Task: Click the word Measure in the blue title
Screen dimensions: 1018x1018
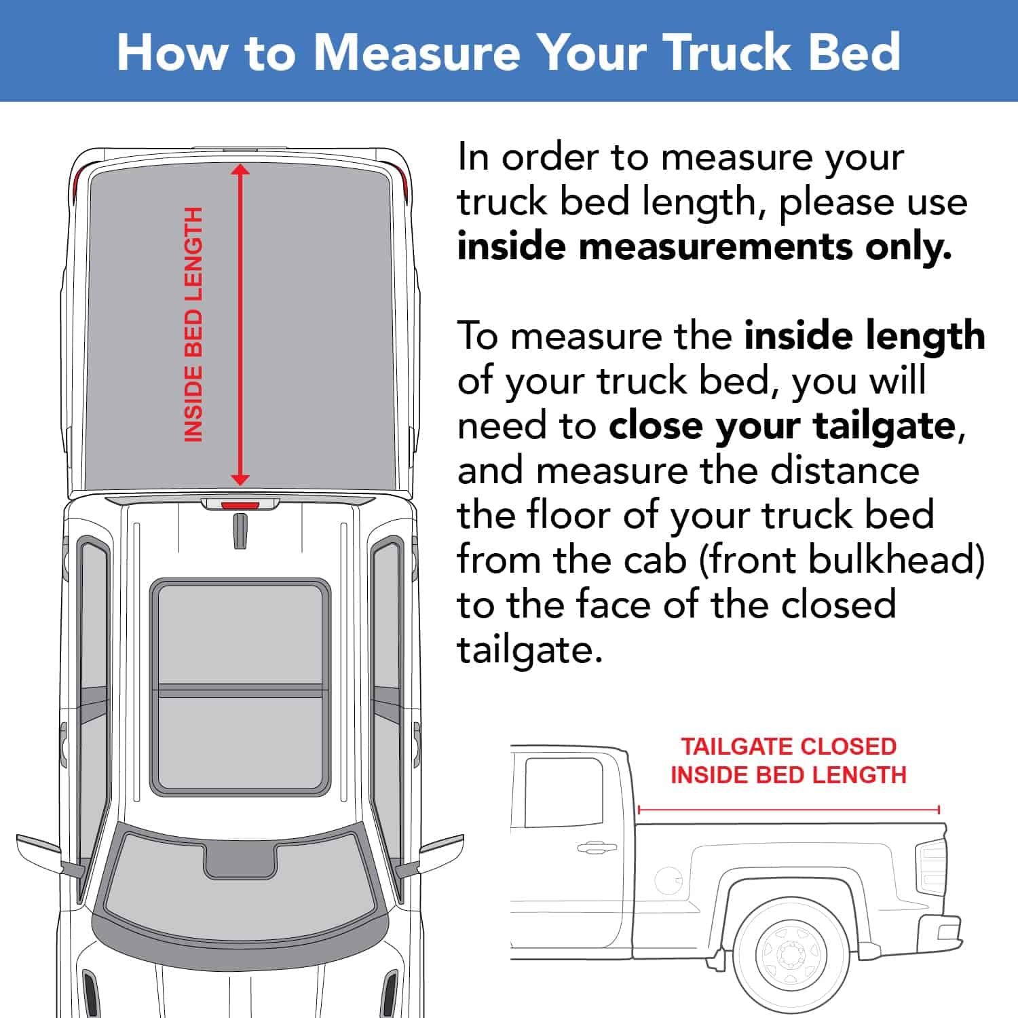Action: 416,52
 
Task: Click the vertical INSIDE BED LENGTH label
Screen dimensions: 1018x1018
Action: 193,324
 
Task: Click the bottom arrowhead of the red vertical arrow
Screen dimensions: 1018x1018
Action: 240,479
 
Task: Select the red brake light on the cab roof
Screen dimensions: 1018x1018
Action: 240,505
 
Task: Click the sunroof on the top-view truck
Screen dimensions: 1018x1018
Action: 240,687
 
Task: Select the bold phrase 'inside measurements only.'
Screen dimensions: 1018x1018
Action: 704,247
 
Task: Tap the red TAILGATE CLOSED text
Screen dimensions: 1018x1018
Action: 789,747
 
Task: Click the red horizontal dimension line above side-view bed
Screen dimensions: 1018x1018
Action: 789,809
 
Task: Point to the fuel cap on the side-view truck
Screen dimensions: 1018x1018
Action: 668,880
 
